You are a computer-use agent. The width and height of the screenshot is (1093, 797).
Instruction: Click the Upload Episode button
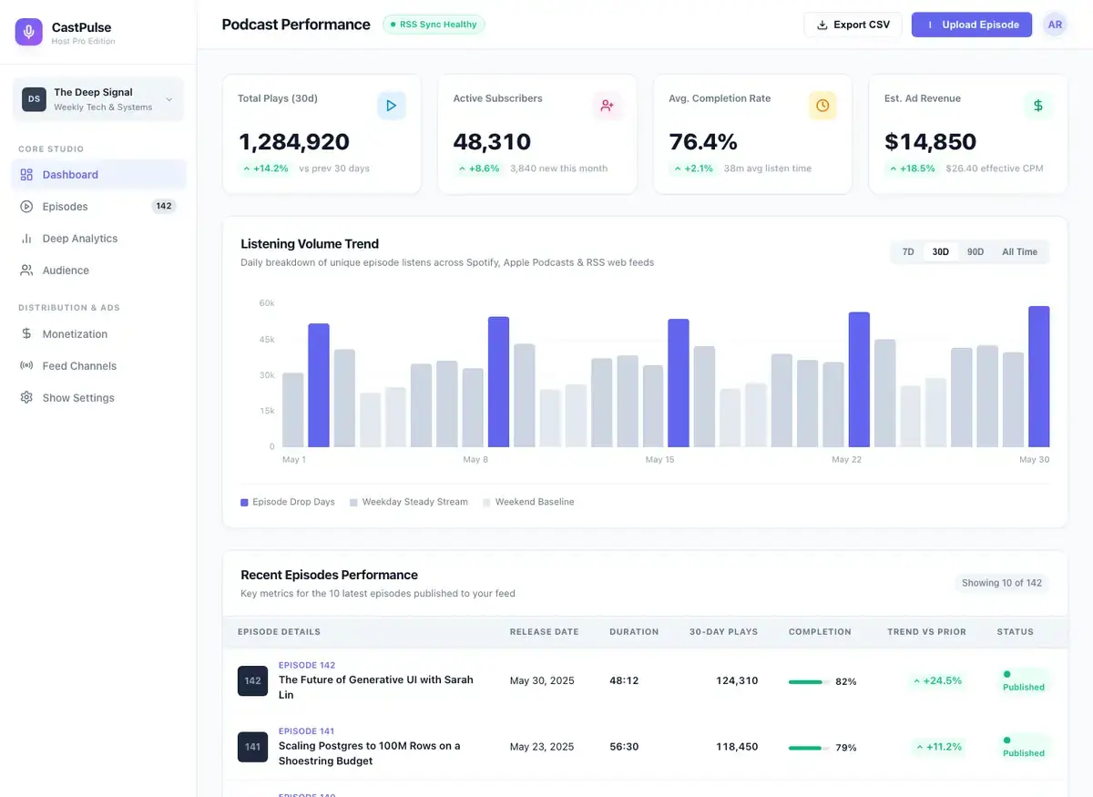click(971, 25)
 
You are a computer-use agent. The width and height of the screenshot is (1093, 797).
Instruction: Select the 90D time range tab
click(975, 251)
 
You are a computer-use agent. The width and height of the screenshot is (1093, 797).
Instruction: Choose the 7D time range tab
click(907, 251)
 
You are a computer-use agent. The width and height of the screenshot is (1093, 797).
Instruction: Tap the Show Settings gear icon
click(26, 397)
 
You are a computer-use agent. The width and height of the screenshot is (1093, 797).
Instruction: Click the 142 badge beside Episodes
click(163, 206)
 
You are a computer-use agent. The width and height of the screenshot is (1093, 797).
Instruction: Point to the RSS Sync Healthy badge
click(434, 25)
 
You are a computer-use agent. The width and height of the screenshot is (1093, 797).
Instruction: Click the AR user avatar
click(1055, 25)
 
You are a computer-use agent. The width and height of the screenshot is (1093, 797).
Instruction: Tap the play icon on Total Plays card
click(391, 106)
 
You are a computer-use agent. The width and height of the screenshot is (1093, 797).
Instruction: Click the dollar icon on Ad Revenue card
click(1037, 106)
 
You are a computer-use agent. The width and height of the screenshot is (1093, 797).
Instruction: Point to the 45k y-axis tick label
click(267, 339)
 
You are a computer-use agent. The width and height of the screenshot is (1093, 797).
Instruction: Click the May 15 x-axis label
click(659, 459)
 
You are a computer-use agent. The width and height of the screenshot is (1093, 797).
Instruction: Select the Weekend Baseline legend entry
click(528, 502)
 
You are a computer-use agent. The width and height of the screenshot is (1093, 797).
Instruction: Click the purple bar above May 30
click(1039, 376)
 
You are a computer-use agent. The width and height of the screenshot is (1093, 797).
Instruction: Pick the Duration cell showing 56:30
click(624, 746)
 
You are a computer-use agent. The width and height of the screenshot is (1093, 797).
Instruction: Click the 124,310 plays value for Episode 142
click(737, 680)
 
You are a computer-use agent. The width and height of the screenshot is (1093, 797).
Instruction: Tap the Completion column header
click(820, 631)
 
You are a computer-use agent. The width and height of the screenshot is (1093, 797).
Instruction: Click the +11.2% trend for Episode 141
click(939, 747)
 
